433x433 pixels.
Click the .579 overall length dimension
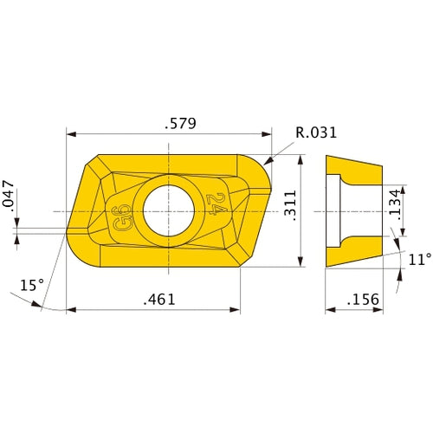pyautogui.click(x=180, y=124)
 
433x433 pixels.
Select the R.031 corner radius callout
pyautogui.click(x=315, y=132)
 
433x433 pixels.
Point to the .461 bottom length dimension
pyautogui.click(x=158, y=299)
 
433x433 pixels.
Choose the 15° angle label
pyautogui.click(x=31, y=284)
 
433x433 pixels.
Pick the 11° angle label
pyautogui.click(x=418, y=258)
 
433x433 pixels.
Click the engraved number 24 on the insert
pyautogui.click(x=216, y=205)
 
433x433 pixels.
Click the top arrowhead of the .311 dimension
pyautogui.click(x=301, y=159)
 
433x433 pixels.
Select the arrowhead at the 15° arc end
pyautogui.click(x=39, y=304)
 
